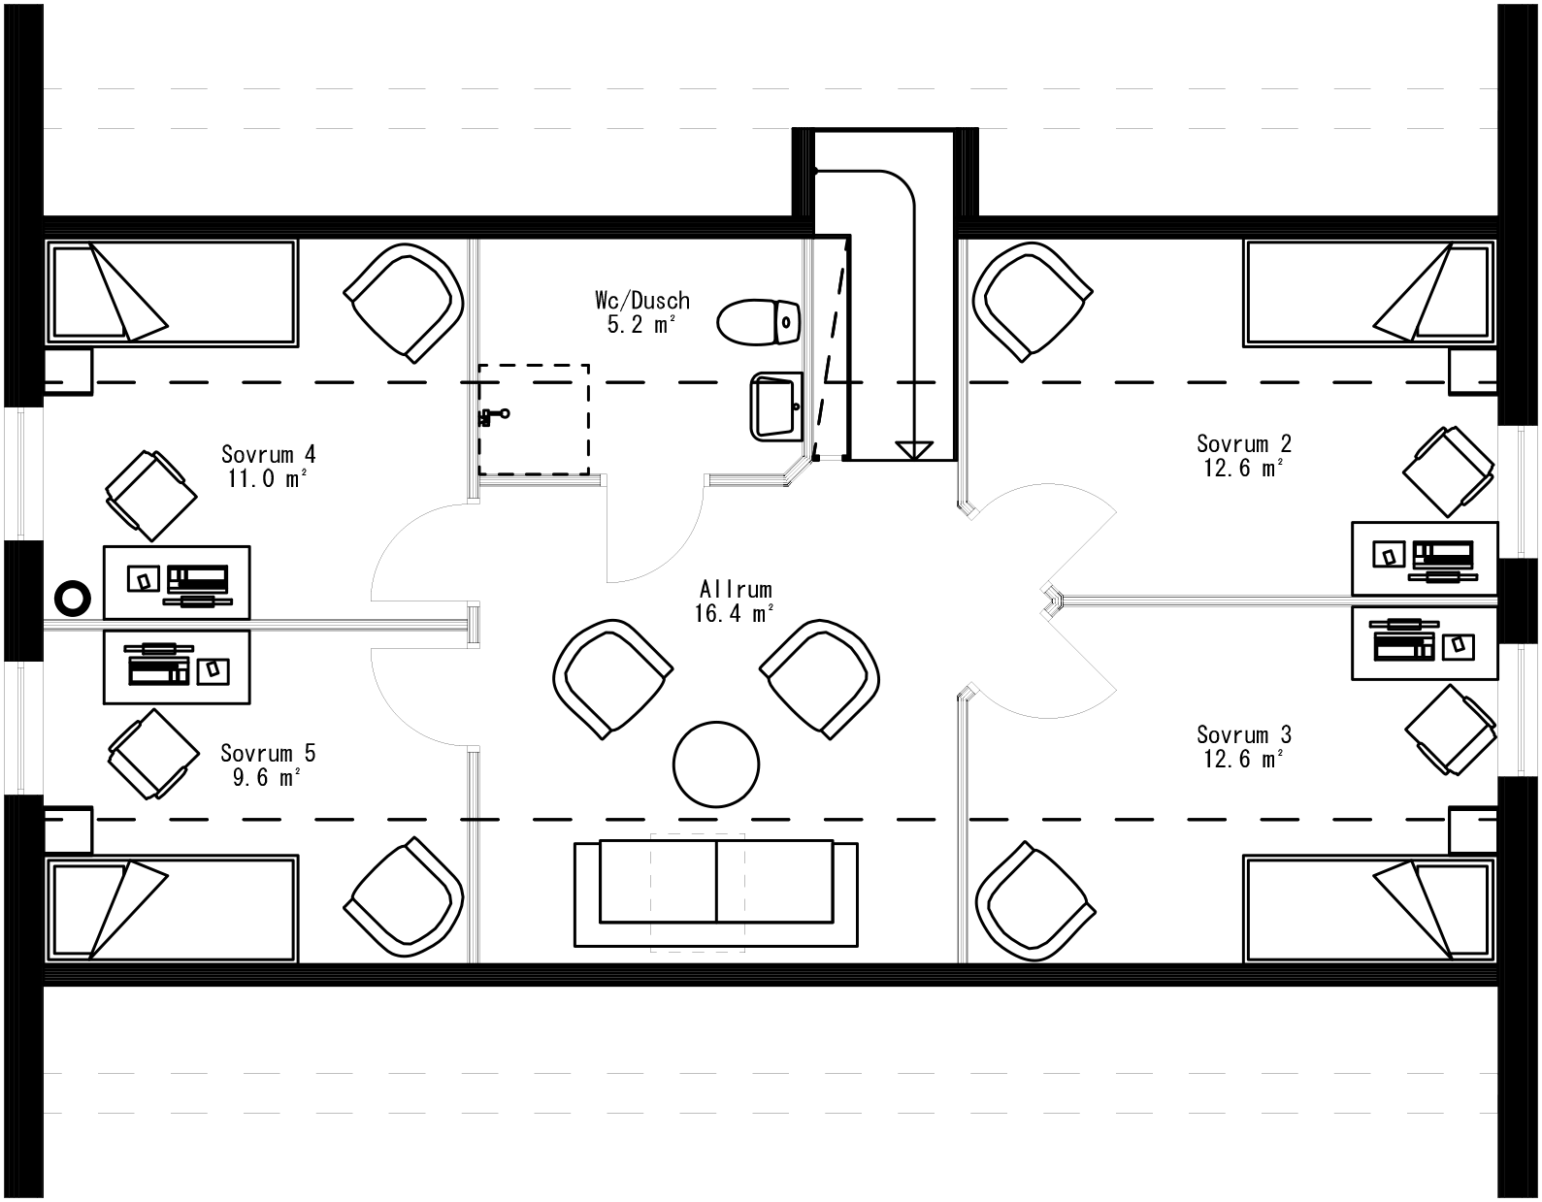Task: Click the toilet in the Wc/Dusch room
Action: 759,322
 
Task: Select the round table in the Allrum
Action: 716,763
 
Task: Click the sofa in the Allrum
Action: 715,893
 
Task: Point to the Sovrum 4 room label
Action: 268,454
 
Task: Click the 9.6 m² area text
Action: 267,777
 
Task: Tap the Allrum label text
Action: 736,589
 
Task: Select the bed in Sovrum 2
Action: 1368,293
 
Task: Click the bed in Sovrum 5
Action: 172,908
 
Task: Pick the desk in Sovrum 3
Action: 1425,643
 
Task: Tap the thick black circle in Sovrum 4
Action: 73,598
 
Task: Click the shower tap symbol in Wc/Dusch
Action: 492,416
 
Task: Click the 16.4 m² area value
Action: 734,613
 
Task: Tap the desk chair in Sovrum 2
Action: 1449,472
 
